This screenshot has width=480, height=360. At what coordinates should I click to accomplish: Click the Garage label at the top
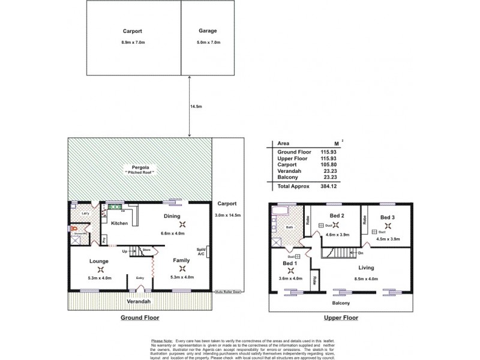click(x=208, y=30)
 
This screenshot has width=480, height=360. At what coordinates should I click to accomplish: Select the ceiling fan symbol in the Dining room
click(x=183, y=224)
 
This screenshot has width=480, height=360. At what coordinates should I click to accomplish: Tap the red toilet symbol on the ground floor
click(x=74, y=228)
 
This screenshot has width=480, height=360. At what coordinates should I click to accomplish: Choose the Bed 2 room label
click(x=337, y=215)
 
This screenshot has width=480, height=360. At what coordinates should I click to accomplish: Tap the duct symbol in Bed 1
click(x=298, y=256)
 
